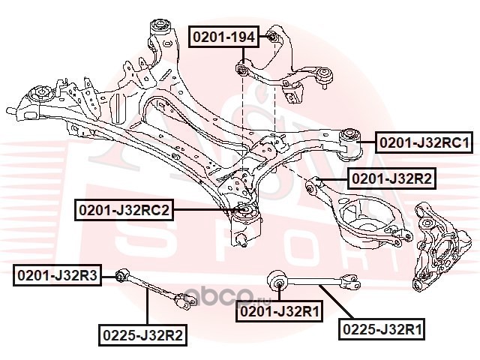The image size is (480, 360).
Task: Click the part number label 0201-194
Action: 223,37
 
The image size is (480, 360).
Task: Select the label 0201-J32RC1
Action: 424,142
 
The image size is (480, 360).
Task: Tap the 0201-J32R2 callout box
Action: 391,178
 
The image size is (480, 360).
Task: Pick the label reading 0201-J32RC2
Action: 124,210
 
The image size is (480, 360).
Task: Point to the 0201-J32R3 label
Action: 57,275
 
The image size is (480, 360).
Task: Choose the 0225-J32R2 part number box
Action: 142,335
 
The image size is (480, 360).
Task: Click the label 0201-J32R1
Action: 279,311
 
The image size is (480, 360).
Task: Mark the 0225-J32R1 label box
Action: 382,329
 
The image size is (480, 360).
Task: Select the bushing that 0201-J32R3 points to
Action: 121,275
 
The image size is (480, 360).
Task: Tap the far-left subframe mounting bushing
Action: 43,92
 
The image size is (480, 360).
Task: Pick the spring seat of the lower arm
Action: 361,217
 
